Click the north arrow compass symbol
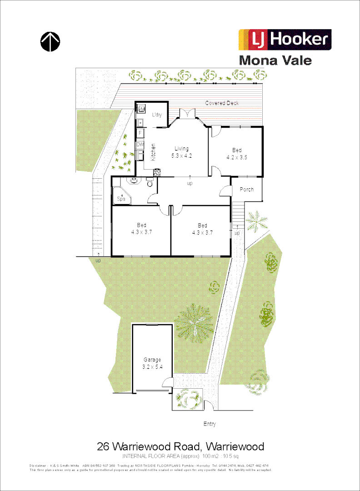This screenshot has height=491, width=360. coord(50,41)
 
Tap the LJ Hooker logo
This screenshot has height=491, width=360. coord(285,40)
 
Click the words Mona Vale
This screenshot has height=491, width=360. coord(275,60)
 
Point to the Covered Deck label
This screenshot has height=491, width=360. coord(222,103)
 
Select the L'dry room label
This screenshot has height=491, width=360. coord(157,115)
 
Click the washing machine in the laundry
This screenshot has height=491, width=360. coord(141,110)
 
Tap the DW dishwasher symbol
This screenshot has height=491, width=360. coord(140,145)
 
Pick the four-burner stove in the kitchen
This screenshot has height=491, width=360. coord(157,172)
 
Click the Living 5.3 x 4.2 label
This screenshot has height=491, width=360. coord(181,152)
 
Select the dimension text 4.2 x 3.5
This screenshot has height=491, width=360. coord(237,157)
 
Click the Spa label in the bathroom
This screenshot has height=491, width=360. coord(121,198)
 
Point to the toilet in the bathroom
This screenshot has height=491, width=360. coord(150,183)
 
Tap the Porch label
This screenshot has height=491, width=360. coord(246,190)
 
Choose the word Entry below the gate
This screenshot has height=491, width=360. coord(210,424)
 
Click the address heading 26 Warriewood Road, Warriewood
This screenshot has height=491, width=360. coord(180,446)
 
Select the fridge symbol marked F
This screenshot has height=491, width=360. coord(140,133)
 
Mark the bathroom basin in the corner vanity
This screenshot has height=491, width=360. coord(135,181)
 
